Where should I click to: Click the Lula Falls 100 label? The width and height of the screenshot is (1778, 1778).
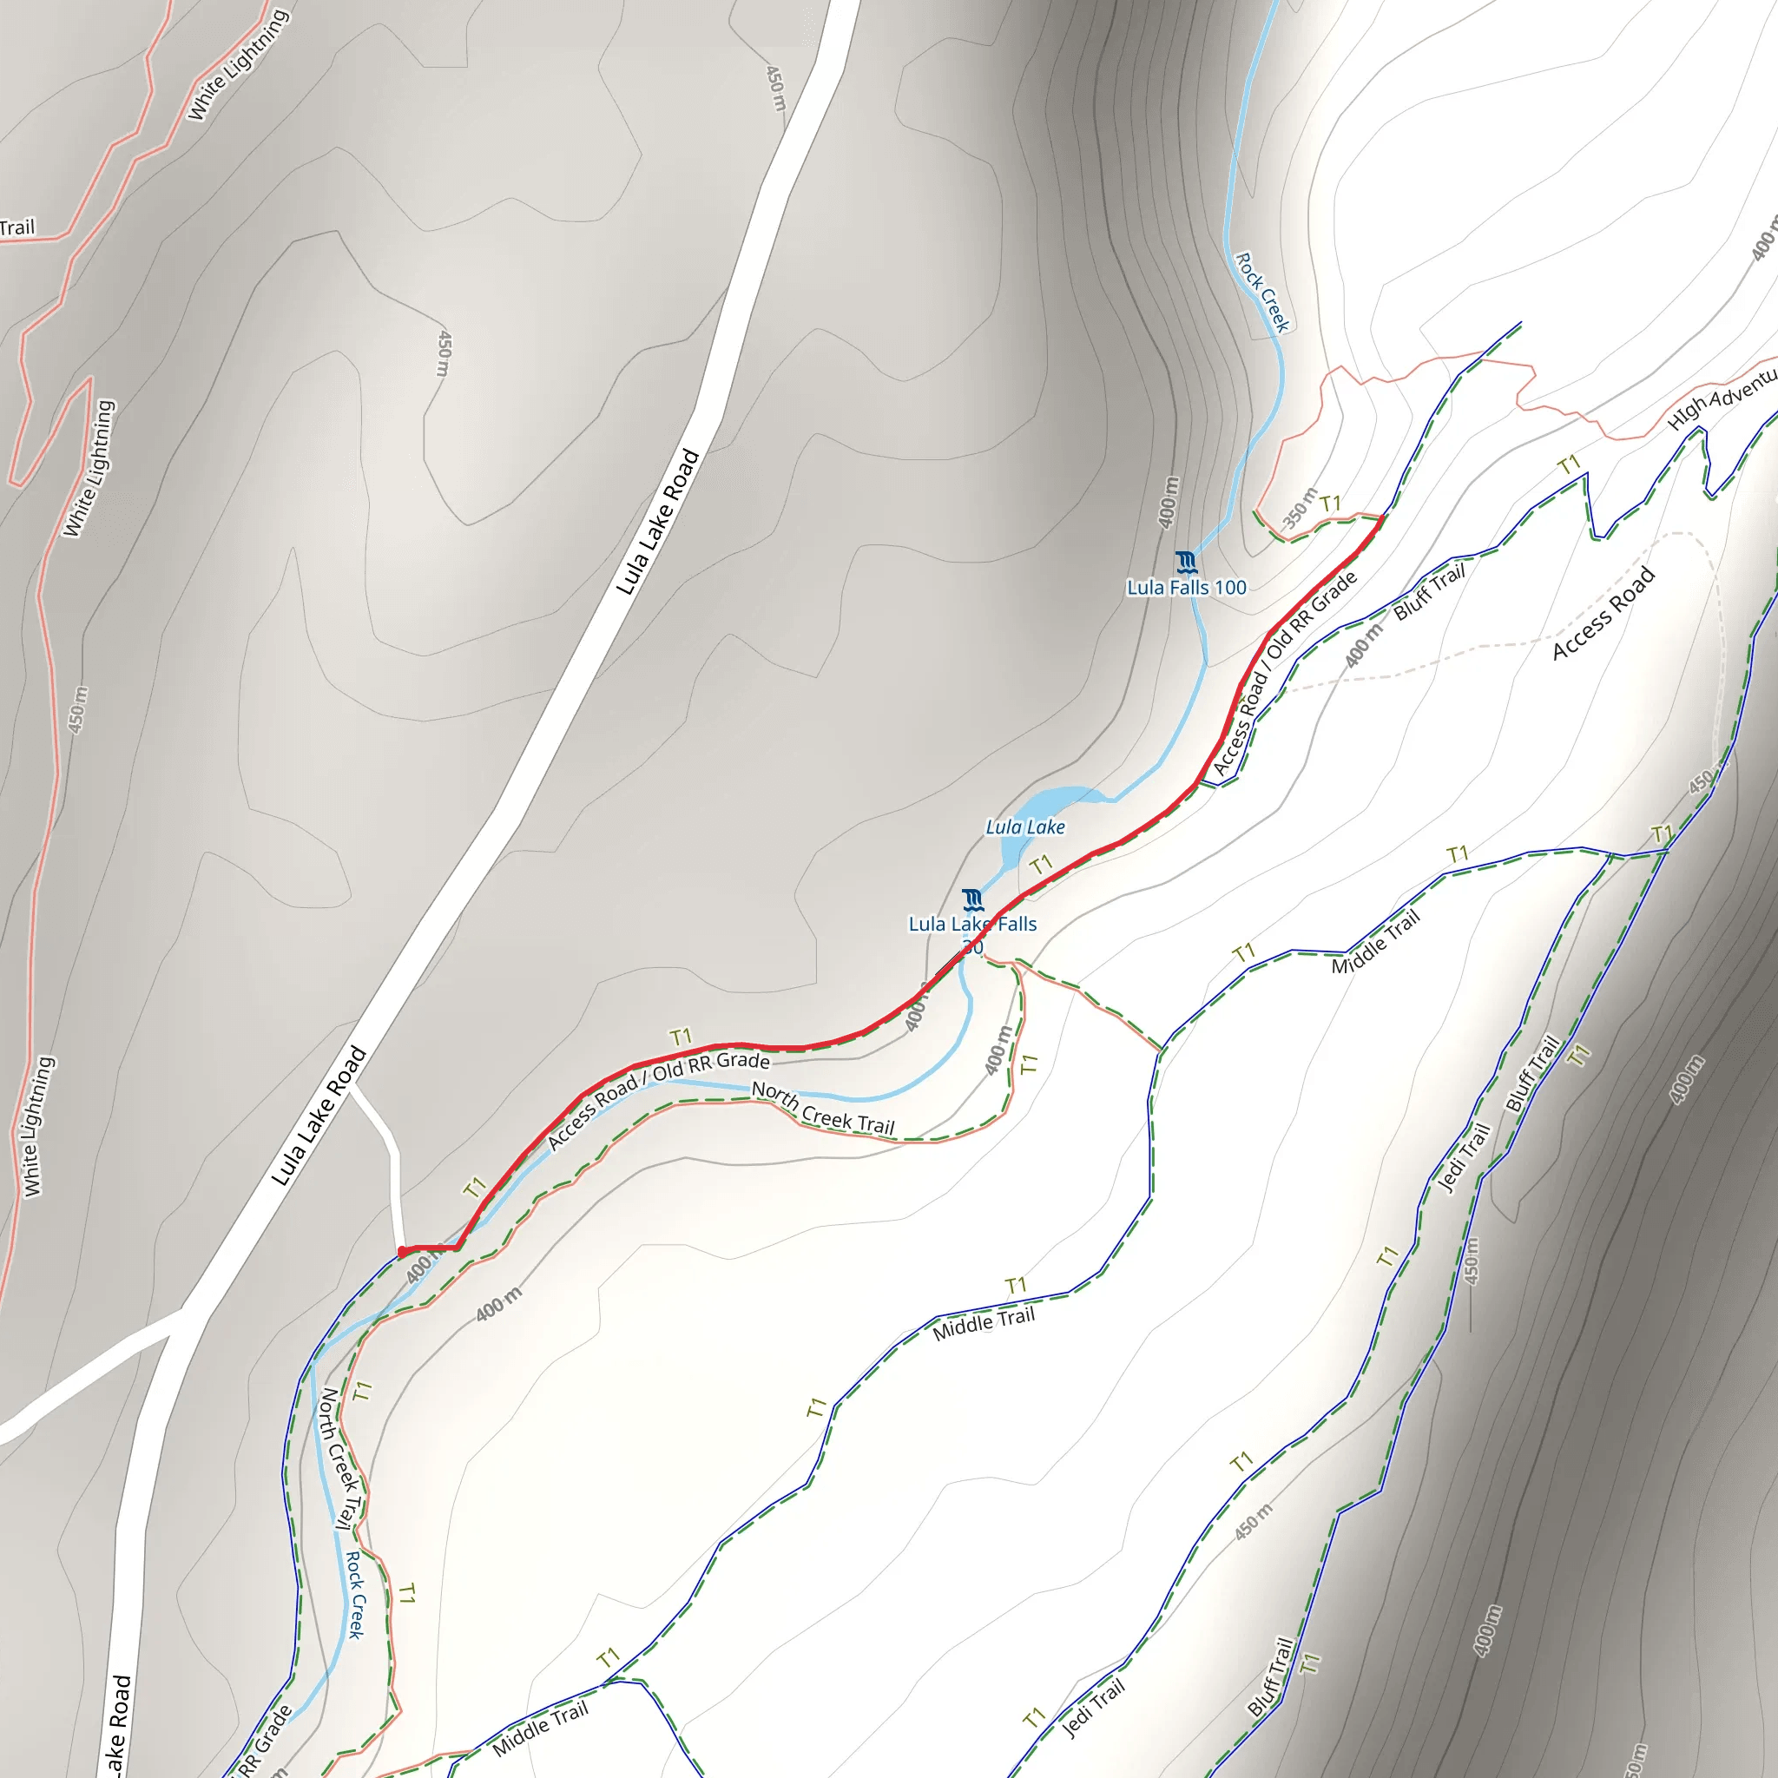pos(1186,587)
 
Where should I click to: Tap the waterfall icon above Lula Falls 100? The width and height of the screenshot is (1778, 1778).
pos(1186,562)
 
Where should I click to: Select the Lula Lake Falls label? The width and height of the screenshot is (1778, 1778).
pos(972,924)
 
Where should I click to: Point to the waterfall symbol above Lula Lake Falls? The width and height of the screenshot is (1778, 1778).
pos(972,899)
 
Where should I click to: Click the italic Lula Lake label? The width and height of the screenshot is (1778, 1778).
pos(1025,827)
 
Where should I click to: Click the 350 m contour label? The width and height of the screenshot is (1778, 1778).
pos(1300,507)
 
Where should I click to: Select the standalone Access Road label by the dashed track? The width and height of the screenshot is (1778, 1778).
pos(1603,614)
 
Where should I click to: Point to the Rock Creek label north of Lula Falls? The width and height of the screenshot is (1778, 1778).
pos(1262,292)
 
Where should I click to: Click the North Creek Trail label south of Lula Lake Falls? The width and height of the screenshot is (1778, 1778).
pos(823,1108)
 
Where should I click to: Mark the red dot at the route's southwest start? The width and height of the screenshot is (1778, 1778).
pos(402,1252)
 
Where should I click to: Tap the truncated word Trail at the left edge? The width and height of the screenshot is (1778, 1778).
pos(16,227)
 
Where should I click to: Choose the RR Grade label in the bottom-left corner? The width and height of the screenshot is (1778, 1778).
pos(265,1743)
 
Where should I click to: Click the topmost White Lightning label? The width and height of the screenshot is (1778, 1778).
pos(239,64)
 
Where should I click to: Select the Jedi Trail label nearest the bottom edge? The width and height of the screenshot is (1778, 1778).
pos(1093,1709)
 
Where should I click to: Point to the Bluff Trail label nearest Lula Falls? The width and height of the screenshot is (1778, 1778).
pos(1428,592)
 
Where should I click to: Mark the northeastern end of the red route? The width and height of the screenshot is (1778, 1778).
pos(1381,519)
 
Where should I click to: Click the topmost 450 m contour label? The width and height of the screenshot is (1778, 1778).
pos(777,89)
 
